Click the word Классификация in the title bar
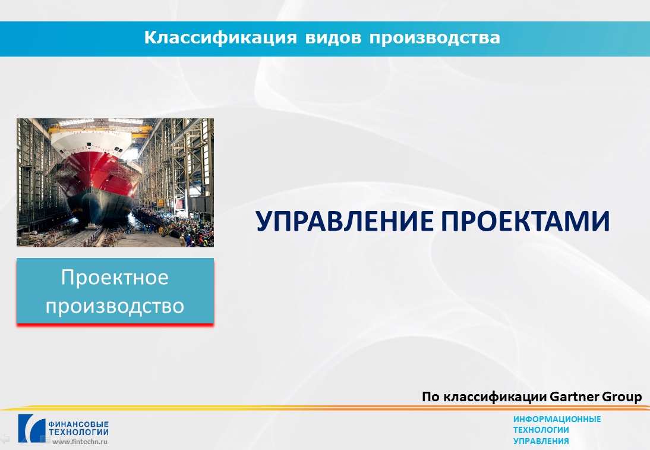tap(220, 37)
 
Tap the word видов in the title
tap(333, 37)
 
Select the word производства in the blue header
tap(435, 38)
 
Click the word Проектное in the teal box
tap(115, 278)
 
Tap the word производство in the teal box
tap(115, 306)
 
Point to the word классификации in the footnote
tap(495, 397)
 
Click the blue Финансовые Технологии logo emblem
tap(31, 428)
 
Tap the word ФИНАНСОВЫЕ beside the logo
tap(78, 424)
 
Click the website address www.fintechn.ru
tap(80, 441)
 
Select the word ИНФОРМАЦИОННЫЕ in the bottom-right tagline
tap(557, 419)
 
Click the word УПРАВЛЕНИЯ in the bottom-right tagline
tap(541, 441)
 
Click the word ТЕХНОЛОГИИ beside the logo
tap(78, 432)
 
